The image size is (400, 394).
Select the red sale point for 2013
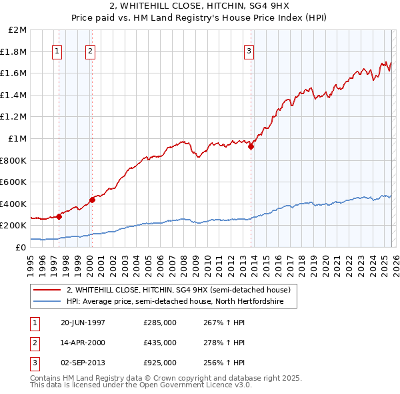click(x=251, y=147)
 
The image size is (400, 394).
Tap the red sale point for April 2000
click(x=92, y=200)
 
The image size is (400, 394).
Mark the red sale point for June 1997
click(x=59, y=216)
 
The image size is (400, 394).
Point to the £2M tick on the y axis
click(x=17, y=30)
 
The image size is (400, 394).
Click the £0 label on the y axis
click(x=21, y=247)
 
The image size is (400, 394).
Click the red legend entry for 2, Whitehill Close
click(x=178, y=290)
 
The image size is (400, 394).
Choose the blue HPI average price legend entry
click(x=175, y=302)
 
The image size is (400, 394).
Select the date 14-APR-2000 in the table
click(x=83, y=343)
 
